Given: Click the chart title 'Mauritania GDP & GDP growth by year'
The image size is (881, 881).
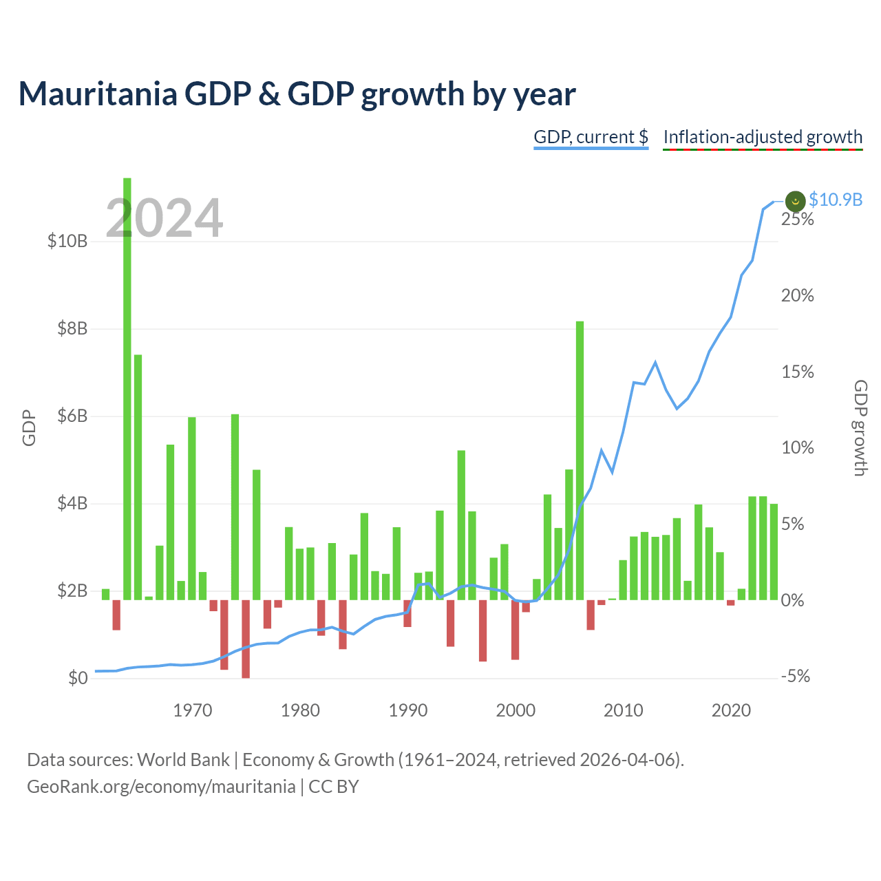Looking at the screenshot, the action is (x=297, y=94).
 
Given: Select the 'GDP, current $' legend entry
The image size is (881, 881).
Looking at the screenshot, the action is (x=591, y=137).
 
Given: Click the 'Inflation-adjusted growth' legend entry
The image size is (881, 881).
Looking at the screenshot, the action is (x=763, y=137).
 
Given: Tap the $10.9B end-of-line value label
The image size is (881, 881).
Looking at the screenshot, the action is (x=836, y=200).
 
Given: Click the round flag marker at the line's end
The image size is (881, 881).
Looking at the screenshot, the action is (x=795, y=201).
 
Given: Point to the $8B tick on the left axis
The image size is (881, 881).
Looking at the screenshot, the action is (x=72, y=328).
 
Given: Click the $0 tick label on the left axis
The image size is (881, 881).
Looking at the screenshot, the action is (x=78, y=677).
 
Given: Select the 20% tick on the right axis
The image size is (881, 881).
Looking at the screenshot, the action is (x=797, y=296).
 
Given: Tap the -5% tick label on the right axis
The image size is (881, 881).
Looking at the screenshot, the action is (x=796, y=676).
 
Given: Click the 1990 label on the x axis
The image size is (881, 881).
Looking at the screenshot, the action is (x=408, y=710).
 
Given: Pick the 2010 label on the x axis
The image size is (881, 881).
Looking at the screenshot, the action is (x=623, y=710).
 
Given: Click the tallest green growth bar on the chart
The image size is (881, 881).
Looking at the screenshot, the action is (x=127, y=389).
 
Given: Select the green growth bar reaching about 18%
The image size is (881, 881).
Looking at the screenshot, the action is (x=580, y=460).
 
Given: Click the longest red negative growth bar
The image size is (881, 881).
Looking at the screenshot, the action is (x=246, y=639).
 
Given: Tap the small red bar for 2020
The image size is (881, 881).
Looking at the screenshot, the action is (x=730, y=602).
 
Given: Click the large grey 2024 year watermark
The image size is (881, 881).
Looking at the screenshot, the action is (x=164, y=217).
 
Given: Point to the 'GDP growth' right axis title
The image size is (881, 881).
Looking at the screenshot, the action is (x=860, y=427).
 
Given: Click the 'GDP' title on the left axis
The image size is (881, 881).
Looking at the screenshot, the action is (x=29, y=427).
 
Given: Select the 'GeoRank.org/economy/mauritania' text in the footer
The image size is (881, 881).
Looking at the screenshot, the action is (x=161, y=787).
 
